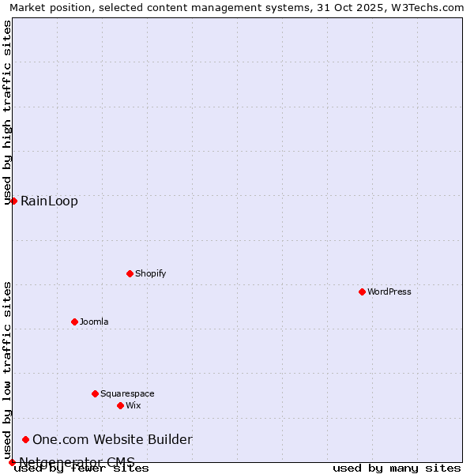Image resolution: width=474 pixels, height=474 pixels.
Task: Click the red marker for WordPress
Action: [x=362, y=292]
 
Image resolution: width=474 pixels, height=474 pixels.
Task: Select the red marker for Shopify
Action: [x=130, y=273]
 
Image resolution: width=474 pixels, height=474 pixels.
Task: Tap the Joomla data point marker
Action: [x=74, y=322]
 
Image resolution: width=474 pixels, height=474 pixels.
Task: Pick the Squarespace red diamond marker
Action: [x=95, y=393]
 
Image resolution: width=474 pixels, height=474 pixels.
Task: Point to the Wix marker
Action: [x=120, y=405]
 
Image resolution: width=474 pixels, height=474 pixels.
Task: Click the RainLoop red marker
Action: [x=13, y=201]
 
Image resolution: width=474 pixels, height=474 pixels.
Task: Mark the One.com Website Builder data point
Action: [x=25, y=439]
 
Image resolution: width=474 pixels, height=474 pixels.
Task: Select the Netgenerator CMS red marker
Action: [x=12, y=462]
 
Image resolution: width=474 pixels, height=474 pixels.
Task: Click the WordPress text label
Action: [x=389, y=292]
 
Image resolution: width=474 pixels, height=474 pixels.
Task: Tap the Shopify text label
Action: [x=151, y=273]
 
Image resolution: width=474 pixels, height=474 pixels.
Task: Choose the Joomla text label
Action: [x=94, y=322]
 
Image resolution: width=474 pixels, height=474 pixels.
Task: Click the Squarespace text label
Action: [x=127, y=393]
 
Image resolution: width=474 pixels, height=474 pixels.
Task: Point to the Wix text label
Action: [x=134, y=405]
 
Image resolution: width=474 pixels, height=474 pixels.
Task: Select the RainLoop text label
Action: [x=49, y=201]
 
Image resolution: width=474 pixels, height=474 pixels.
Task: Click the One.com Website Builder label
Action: [x=112, y=439]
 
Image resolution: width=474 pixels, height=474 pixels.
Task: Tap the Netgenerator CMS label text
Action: [x=77, y=462]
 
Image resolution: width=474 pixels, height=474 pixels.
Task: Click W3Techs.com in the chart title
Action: [x=430, y=7]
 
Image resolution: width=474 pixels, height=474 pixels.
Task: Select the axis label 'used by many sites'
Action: [x=397, y=468]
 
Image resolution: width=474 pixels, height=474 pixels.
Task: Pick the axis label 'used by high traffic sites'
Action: [x=7, y=112]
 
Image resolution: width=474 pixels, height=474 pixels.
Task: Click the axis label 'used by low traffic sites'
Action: [x=7, y=370]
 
